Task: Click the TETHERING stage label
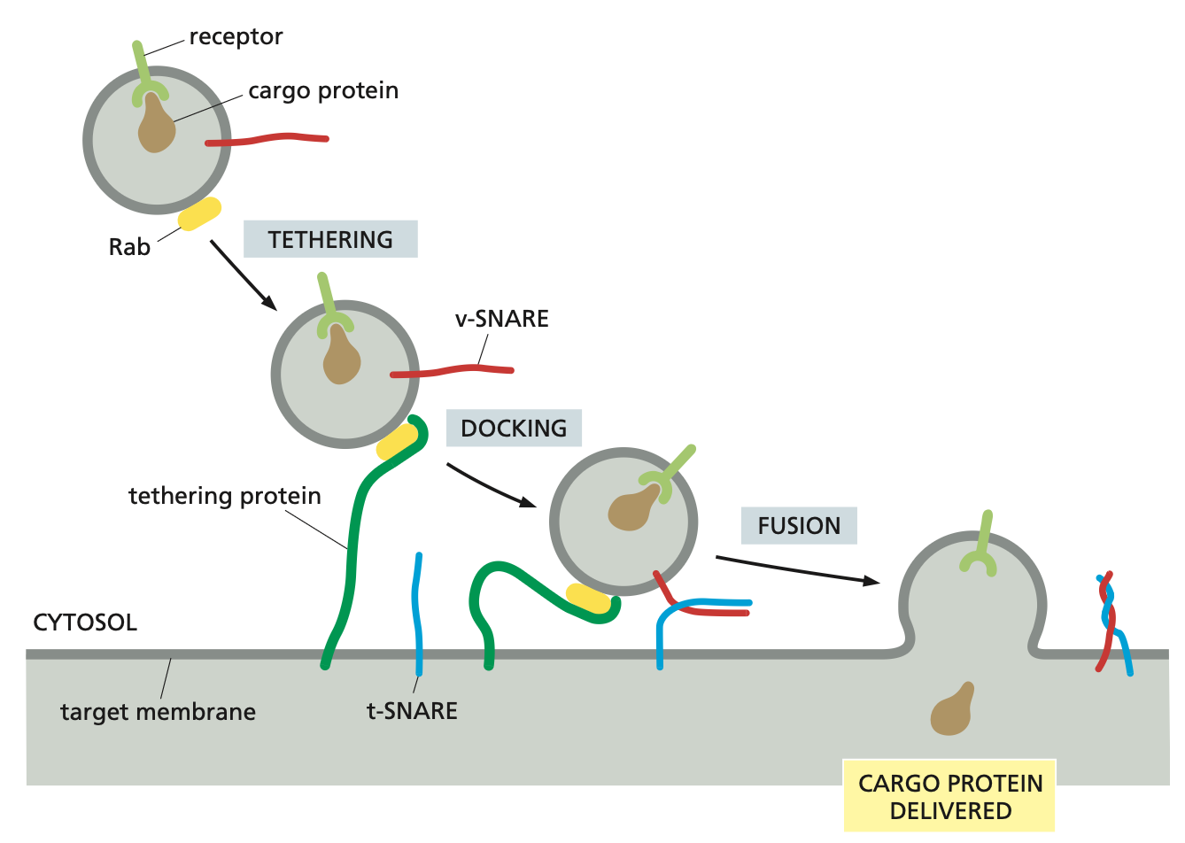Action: (330, 239)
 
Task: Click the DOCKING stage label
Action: (514, 428)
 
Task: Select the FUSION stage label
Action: (799, 525)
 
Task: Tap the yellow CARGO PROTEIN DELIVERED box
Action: (949, 796)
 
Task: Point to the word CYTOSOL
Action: (85, 623)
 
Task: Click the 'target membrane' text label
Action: (158, 712)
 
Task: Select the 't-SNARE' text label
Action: (412, 711)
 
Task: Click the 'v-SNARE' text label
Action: (501, 319)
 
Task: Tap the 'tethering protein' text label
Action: (225, 496)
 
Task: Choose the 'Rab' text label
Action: (129, 247)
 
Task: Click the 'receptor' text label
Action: (236, 37)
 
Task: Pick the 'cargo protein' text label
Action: (323, 91)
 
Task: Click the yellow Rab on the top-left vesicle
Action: (199, 213)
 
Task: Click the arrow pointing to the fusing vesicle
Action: (797, 568)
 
